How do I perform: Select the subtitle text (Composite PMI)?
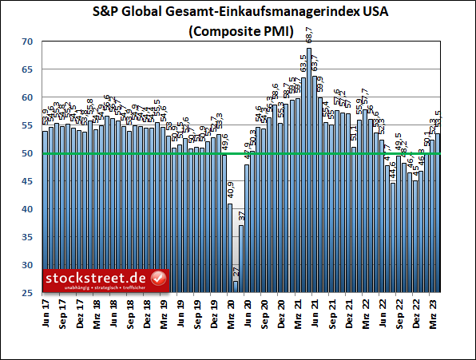click(238, 32)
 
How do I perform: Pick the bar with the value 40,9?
click(230, 247)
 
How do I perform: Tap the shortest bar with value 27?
click(236, 287)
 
